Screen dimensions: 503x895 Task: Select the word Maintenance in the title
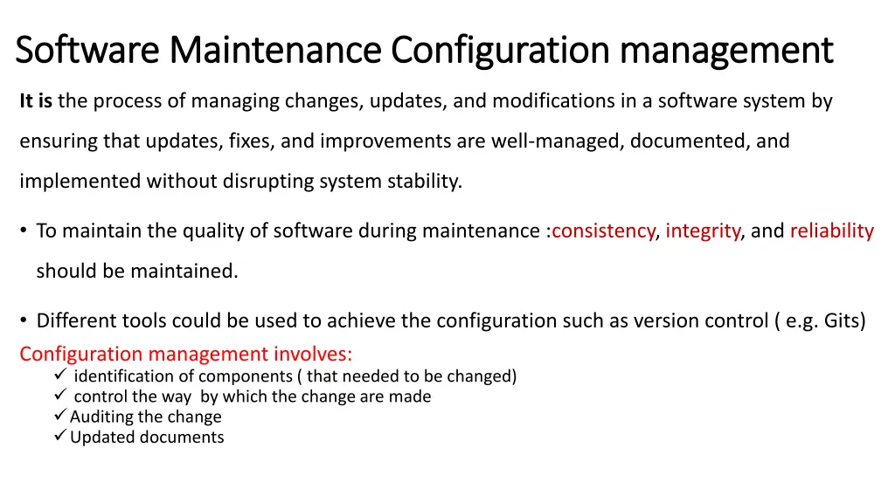click(x=275, y=50)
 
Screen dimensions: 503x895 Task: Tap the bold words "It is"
click(x=36, y=101)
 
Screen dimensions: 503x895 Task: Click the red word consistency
click(x=603, y=231)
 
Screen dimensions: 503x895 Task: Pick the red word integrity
click(x=703, y=231)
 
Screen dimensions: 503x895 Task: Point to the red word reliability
click(x=832, y=231)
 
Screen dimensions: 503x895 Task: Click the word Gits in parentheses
click(x=840, y=320)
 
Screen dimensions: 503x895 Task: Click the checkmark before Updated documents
click(x=60, y=436)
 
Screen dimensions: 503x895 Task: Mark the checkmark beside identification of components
click(x=60, y=375)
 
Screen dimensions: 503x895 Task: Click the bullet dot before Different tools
click(x=24, y=320)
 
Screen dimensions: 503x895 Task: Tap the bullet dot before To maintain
click(x=24, y=231)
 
